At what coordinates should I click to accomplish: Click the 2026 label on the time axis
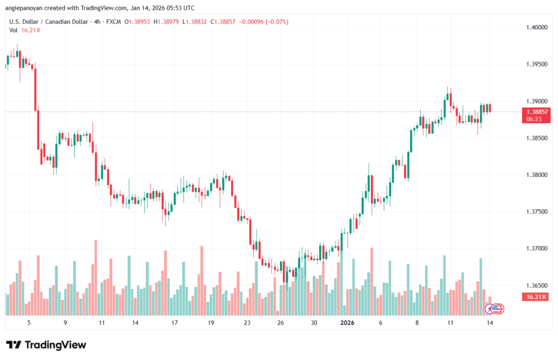pyautogui.click(x=347, y=322)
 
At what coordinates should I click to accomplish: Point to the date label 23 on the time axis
pyautogui.click(x=247, y=322)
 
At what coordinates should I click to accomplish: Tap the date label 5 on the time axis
pyautogui.click(x=28, y=322)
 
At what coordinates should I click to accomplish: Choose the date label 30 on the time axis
pyautogui.click(x=314, y=322)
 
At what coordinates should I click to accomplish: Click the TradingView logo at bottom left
pyautogui.click(x=46, y=345)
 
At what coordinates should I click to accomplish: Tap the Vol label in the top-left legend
pyautogui.click(x=13, y=30)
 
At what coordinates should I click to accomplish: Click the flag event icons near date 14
pyautogui.click(x=495, y=309)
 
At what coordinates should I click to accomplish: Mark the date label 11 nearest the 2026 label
pyautogui.click(x=450, y=322)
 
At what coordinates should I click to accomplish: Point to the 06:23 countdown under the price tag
pyautogui.click(x=534, y=118)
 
